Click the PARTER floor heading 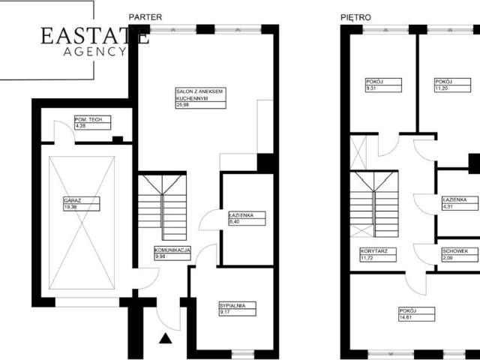coord(145,17)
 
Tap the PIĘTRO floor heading coord(355,17)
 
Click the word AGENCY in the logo coord(95,52)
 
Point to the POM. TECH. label coord(88,119)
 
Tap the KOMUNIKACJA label coord(172,250)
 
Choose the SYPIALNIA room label coord(232,305)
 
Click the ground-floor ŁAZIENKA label coord(241,215)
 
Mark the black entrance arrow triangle coord(166,338)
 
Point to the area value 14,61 coord(405,317)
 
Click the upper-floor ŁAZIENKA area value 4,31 coord(448,207)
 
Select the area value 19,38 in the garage coord(70,207)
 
